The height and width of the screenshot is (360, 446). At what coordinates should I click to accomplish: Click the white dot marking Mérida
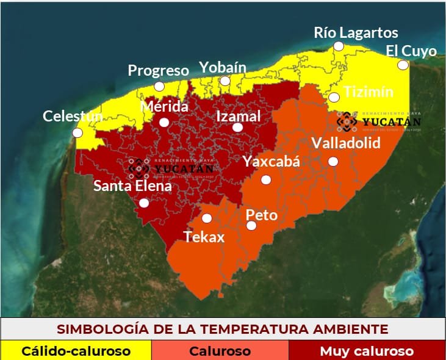164,122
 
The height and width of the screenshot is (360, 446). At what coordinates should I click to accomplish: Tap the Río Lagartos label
356,32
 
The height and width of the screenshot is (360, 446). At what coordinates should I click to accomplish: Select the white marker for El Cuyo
403,65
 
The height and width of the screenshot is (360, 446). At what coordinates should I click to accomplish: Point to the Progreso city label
158,70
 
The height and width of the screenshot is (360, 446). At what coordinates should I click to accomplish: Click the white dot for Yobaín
225,81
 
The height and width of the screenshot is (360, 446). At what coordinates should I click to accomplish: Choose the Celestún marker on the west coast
77,132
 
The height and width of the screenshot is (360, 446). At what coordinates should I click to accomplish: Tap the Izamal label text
239,116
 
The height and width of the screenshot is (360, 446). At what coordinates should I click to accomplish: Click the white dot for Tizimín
334,97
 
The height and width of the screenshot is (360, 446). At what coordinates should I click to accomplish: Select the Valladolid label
345,143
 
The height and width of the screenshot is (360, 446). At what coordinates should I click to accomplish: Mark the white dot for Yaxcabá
265,179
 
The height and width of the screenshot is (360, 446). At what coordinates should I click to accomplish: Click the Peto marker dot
251,226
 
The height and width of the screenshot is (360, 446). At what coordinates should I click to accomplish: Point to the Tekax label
204,237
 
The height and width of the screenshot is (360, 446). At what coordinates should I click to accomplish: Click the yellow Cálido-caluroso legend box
76,351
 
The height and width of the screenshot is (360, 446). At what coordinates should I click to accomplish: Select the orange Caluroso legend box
220,351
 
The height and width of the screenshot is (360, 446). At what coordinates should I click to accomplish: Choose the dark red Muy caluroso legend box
367,351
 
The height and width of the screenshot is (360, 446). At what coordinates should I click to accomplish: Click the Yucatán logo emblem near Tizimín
347,121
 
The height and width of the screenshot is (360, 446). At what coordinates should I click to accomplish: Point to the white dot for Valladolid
333,161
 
